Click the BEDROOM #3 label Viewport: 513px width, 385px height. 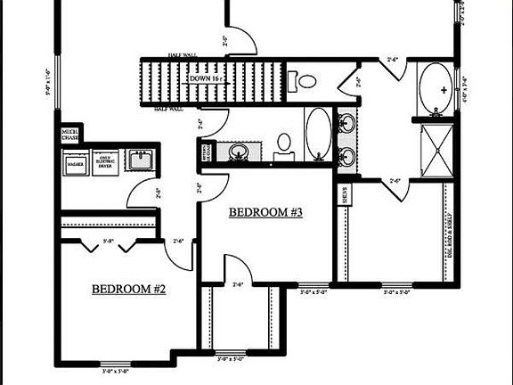[266, 212]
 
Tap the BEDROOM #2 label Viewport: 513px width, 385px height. [129, 289]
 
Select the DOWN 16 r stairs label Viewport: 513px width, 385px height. [209, 79]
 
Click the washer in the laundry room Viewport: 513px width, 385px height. [75, 163]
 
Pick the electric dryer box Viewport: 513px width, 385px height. [105, 163]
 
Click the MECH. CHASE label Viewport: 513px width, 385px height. [69, 135]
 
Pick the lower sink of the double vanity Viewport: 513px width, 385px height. [346, 158]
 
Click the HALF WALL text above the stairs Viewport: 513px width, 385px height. [183, 54]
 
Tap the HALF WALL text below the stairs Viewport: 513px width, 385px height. [169, 109]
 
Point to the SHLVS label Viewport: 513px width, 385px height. [343, 194]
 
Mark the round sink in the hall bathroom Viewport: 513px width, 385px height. [239, 152]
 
